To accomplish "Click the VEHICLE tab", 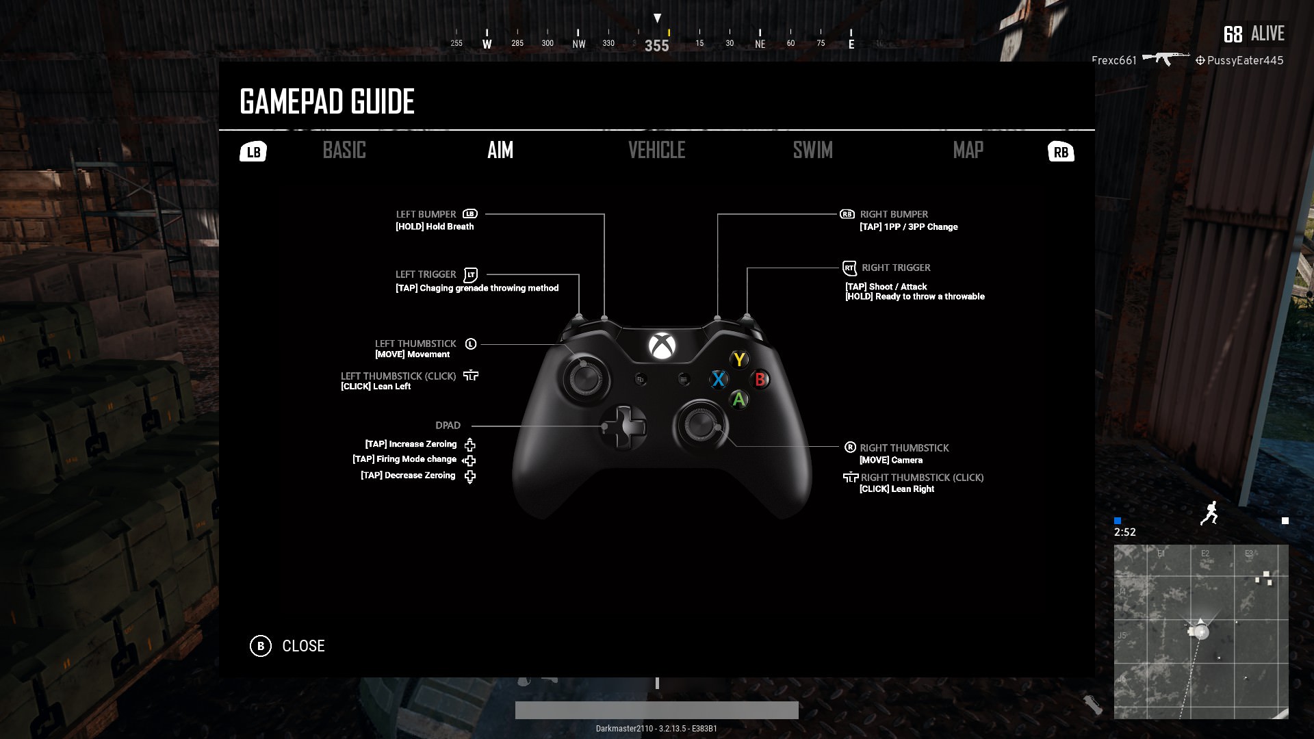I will pyautogui.click(x=656, y=151).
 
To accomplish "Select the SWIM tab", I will pyautogui.click(x=812, y=151).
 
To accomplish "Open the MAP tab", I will pyautogui.click(x=968, y=151).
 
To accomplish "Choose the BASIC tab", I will pyautogui.click(x=344, y=151).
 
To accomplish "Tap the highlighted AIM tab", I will pyautogui.click(x=500, y=151).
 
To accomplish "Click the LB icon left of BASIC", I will pyautogui.click(x=253, y=152).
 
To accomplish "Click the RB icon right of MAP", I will pyautogui.click(x=1061, y=152).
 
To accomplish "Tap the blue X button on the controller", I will pyautogui.click(x=718, y=379).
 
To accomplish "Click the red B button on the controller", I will pyautogui.click(x=760, y=379).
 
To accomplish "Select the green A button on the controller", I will pyautogui.click(x=739, y=400).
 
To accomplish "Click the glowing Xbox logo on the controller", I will pyautogui.click(x=662, y=346).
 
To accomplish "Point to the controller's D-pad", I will pyautogui.click(x=623, y=427).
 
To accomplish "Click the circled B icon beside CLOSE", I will pyautogui.click(x=261, y=646).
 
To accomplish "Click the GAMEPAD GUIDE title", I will pyautogui.click(x=327, y=102).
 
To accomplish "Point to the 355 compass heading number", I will pyautogui.click(x=656, y=46).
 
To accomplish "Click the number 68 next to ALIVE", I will pyautogui.click(x=1233, y=34).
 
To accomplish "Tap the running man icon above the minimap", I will pyautogui.click(x=1209, y=513).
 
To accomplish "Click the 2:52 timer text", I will pyautogui.click(x=1124, y=532).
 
